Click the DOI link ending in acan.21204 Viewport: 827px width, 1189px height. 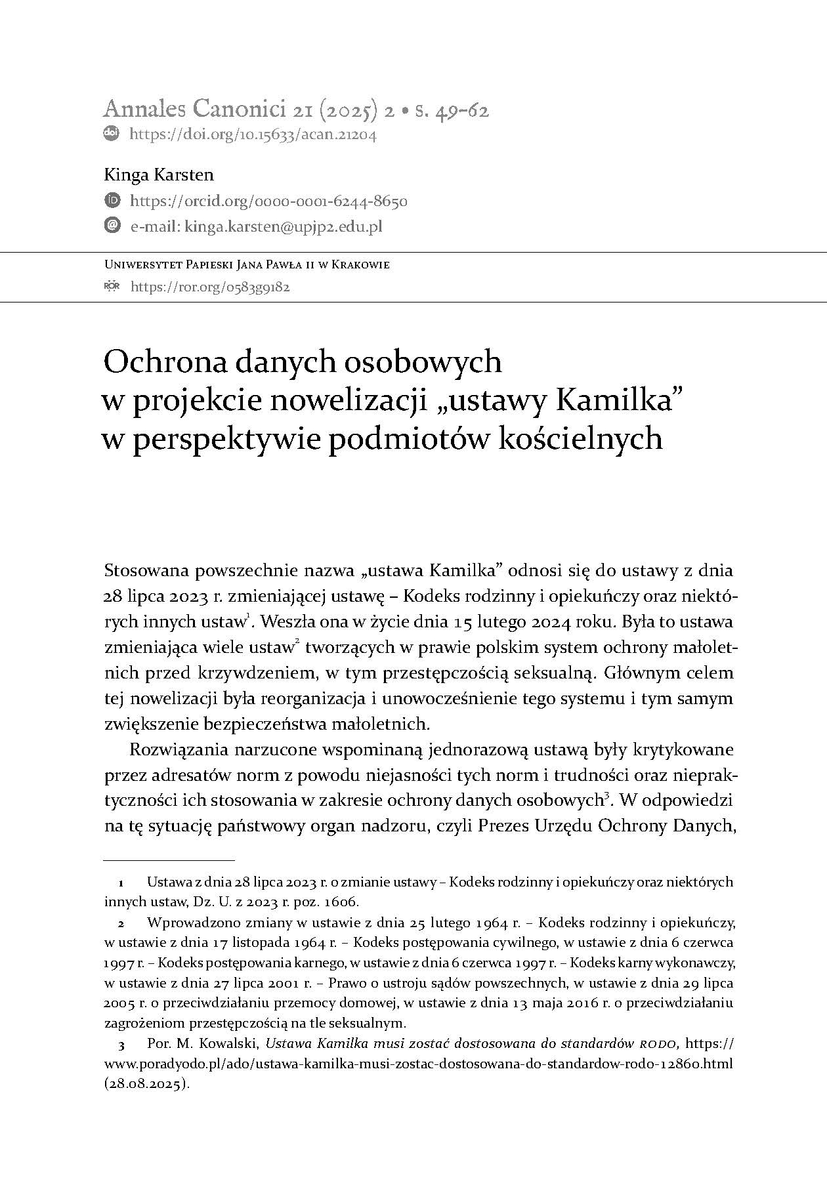tap(253, 135)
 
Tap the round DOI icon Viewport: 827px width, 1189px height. tap(112, 133)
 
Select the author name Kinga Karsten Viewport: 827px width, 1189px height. tap(159, 175)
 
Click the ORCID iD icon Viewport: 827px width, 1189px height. tap(112, 200)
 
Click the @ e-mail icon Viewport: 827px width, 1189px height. tap(112, 226)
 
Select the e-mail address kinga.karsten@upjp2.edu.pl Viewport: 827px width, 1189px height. tap(284, 227)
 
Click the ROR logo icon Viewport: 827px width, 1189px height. tap(112, 287)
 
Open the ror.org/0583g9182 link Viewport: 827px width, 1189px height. tap(210, 287)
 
